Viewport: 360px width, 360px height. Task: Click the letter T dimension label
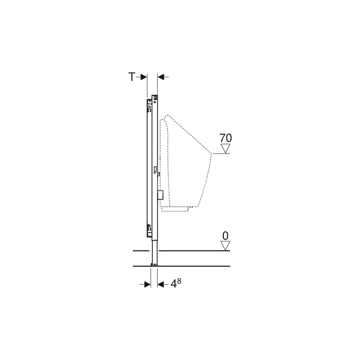[x=131, y=77]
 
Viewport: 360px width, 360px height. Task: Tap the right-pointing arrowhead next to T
[x=144, y=77]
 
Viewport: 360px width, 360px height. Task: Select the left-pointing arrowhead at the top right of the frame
[x=161, y=77]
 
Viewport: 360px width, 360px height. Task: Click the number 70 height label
[x=226, y=138]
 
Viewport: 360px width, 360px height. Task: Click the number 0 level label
[x=225, y=236]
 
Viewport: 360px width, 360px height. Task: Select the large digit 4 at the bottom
[x=174, y=284]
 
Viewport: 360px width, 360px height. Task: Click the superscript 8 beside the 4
[x=179, y=281]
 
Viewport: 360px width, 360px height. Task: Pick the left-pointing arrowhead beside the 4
[x=161, y=285]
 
